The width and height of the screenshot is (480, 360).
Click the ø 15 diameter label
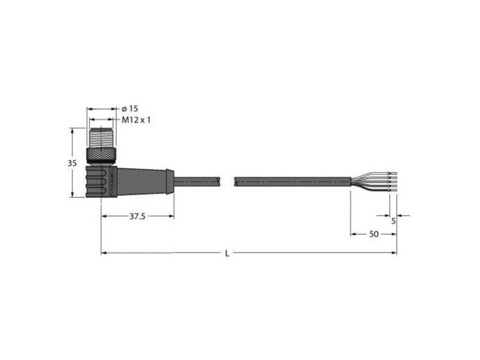point(130,109)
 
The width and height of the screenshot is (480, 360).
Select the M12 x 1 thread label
point(136,119)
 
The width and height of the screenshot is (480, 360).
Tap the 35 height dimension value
point(72,163)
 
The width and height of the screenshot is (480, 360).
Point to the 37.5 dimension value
point(137,217)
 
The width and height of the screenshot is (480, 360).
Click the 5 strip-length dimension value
point(394,221)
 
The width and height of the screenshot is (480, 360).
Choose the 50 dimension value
point(374,234)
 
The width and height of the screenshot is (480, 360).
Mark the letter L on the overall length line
point(227,253)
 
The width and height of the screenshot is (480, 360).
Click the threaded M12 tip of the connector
point(101,139)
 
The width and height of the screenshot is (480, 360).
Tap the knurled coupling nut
point(101,156)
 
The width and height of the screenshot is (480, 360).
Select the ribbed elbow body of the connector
point(101,182)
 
